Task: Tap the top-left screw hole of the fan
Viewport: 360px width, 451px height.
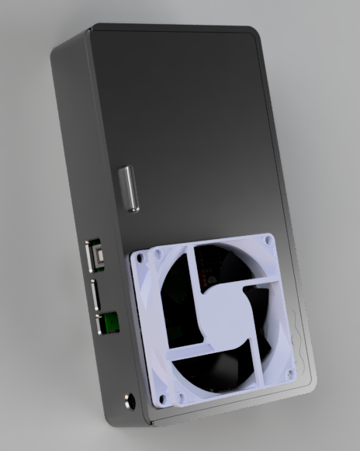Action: (139, 255)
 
